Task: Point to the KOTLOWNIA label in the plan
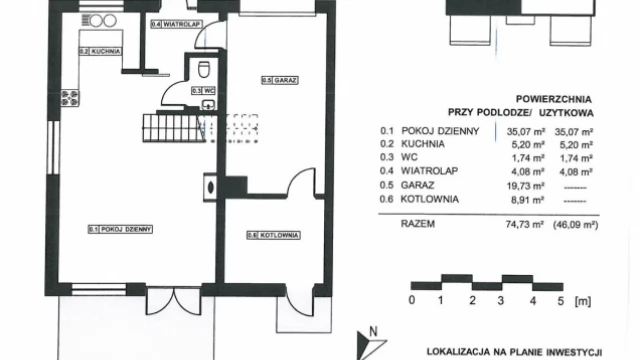[x=268, y=236]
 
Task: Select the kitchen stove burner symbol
[x=70, y=97]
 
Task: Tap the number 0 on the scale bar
[x=411, y=300]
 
